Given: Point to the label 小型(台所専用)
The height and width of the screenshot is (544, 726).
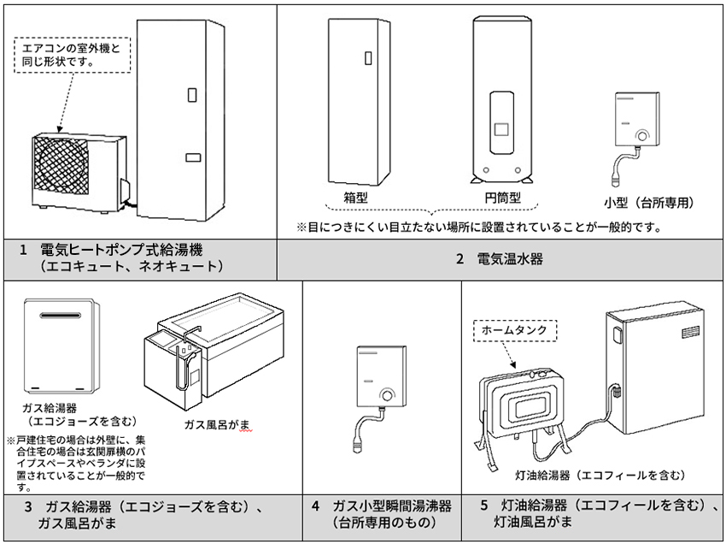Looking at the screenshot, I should pyautogui.click(x=647, y=203).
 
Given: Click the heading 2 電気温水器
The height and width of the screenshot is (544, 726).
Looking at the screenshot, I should pyautogui.click(x=500, y=258).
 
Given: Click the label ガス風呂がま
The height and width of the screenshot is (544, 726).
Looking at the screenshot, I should pyautogui.click(x=216, y=424).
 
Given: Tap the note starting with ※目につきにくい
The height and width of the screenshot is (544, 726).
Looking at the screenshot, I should pyautogui.click(x=479, y=228).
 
